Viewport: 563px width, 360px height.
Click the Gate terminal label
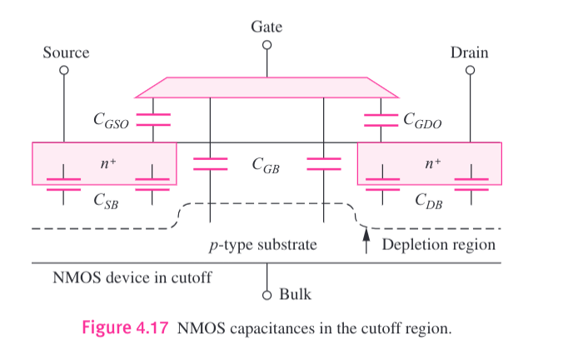tap(267, 27)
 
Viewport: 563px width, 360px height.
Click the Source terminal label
tap(66, 52)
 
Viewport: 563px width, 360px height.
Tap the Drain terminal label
tap(469, 52)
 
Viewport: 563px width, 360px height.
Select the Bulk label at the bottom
tap(296, 294)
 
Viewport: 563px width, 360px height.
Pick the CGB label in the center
tap(266, 166)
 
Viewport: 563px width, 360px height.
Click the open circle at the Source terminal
tap(63, 70)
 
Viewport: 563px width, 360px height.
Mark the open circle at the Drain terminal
tap(470, 70)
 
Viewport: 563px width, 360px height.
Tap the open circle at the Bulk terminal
tap(267, 294)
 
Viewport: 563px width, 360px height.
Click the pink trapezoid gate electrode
tap(267, 87)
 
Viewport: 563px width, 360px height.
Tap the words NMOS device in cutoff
tap(125, 277)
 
